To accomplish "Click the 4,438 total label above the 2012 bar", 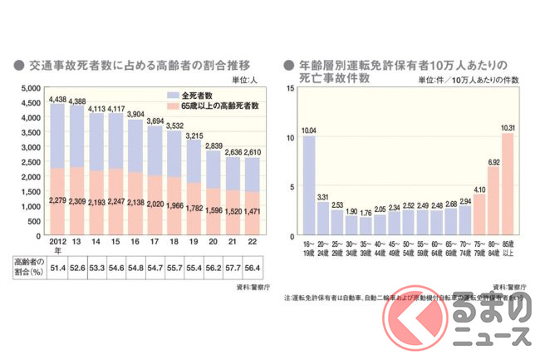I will click(x=58, y=99).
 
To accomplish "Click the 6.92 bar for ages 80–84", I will click(x=493, y=202).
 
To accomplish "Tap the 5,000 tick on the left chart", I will click(x=30, y=87).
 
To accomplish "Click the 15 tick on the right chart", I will click(x=289, y=87).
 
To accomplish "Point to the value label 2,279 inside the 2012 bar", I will click(x=58, y=200).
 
